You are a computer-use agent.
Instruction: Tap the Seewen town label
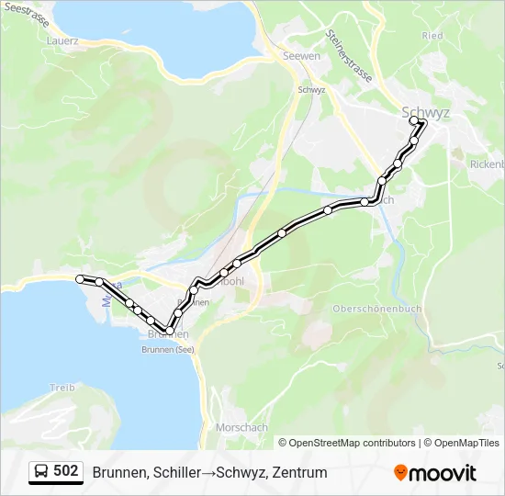301,56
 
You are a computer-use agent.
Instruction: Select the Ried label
432,36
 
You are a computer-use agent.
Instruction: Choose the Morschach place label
241,427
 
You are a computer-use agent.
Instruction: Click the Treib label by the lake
62,388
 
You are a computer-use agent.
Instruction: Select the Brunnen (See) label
171,349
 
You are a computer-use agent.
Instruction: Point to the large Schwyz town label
426,112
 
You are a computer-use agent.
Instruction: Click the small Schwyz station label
312,90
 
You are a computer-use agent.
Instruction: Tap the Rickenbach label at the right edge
487,164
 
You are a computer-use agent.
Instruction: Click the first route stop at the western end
81,278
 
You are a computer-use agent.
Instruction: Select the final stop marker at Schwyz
414,120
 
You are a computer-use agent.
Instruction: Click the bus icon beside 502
42,472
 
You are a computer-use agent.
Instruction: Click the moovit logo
435,473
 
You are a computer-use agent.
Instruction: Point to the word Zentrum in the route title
299,473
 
